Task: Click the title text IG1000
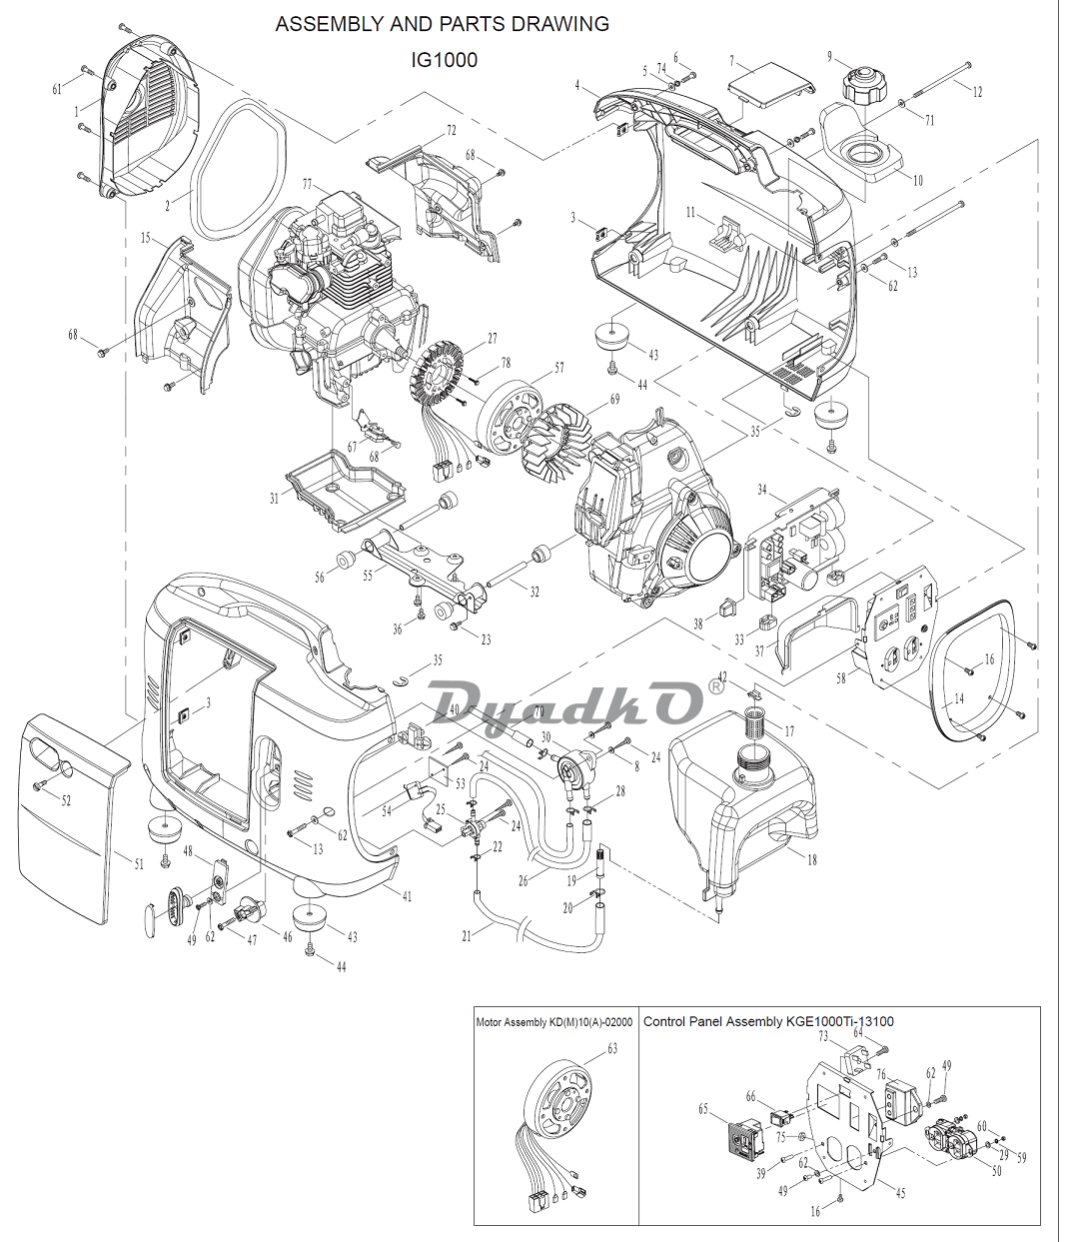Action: point(444,60)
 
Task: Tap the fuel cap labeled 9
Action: point(860,83)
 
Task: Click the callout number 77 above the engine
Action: point(307,184)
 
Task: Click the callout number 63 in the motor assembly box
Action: point(612,1048)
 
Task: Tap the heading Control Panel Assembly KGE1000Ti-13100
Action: point(767,1021)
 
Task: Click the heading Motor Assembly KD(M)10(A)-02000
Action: point(553,1022)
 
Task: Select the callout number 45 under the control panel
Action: point(900,1193)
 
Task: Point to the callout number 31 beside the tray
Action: point(274,499)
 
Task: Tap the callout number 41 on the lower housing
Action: point(407,896)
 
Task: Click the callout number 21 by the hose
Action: point(466,936)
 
